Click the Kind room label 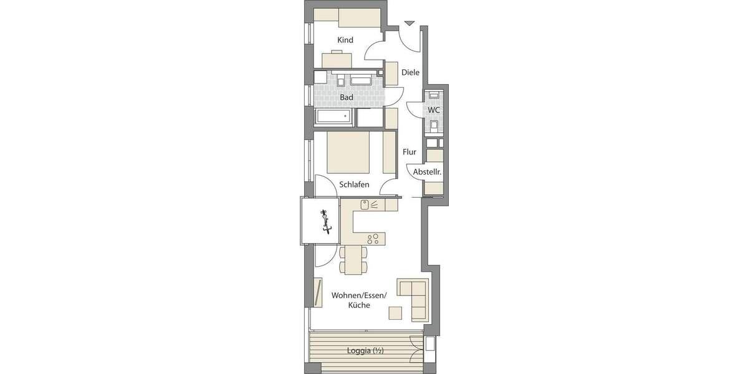point(345,41)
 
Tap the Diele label point(410,72)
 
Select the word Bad point(347,98)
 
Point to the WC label point(434,110)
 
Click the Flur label point(410,152)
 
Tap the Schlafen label point(355,185)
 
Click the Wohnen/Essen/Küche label point(360,300)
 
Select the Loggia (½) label point(365,351)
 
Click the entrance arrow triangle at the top point(409,24)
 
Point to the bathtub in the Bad point(335,117)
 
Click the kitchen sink point(365,204)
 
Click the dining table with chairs point(353,259)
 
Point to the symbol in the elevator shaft point(324,222)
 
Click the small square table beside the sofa point(396,312)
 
